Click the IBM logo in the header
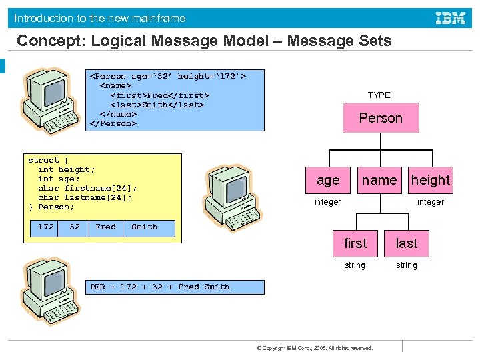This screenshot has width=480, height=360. tap(450, 18)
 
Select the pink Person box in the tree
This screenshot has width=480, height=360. tap(381, 118)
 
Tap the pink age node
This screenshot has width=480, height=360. tap(328, 180)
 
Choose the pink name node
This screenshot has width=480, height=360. tap(379, 180)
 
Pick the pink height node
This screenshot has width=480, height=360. tap(430, 180)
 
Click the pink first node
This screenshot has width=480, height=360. tap(355, 243)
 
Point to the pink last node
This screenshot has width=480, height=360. tap(407, 243)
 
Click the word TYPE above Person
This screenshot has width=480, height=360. tap(379, 95)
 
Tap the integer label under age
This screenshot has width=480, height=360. tap(327, 202)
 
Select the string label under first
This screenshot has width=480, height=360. tap(355, 265)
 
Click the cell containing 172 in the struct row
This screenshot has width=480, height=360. tap(46, 227)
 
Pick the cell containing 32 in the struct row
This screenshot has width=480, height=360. tap(75, 227)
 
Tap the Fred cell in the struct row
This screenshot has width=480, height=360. tap(105, 227)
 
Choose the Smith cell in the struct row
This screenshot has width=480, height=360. tap(145, 227)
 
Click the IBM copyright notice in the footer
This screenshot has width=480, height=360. tap(315, 348)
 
